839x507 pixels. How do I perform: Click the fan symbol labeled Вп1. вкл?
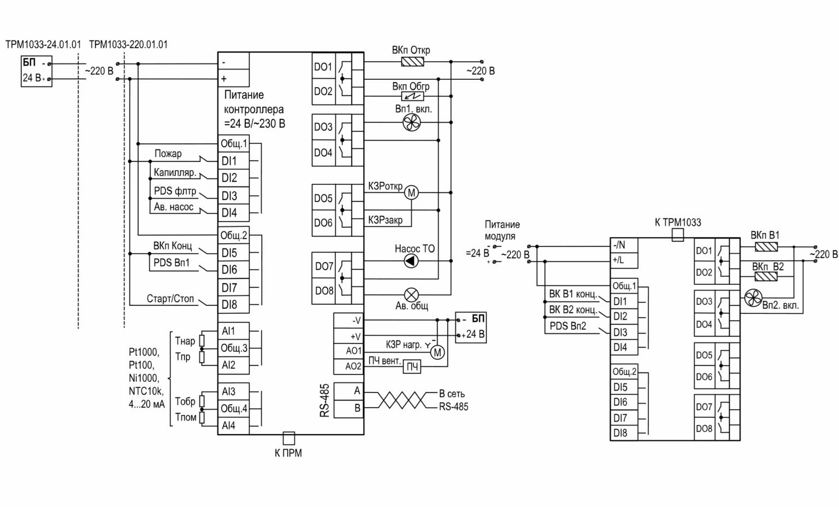coord(412,123)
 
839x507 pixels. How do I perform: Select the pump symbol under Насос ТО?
coord(411,261)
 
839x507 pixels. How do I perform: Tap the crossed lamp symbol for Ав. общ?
coord(412,295)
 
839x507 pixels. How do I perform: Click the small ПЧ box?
coord(412,366)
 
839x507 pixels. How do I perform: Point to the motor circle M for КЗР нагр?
coord(438,353)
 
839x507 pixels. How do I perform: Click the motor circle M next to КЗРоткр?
coord(411,193)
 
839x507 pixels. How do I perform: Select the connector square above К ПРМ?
coord(289,438)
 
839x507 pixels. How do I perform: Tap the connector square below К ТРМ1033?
coord(677,235)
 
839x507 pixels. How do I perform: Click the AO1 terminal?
coord(348,351)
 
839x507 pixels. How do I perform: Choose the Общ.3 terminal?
coord(234,348)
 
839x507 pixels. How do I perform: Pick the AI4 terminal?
coord(234,426)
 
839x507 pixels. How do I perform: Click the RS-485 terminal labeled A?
coord(348,391)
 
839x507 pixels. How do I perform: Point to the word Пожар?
coord(168,154)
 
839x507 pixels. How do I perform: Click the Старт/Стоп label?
coord(170,299)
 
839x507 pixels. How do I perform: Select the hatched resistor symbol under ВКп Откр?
coord(412,61)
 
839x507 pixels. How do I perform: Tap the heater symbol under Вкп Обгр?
coord(412,96)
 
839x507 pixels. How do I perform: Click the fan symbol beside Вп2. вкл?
coord(753,298)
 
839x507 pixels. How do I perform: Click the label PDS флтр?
coord(175,191)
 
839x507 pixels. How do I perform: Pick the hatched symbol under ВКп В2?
coord(766,277)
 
